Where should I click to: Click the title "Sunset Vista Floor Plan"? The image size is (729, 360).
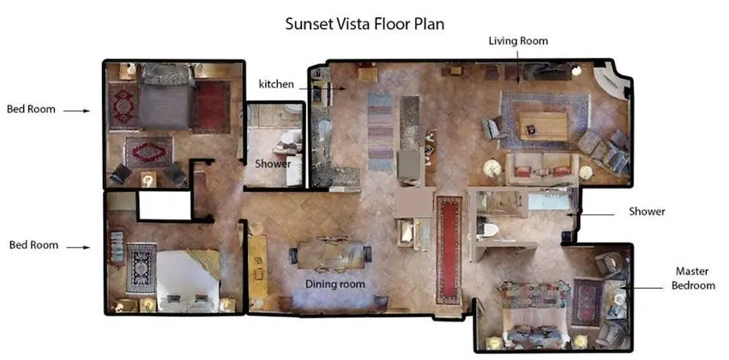pos(364,24)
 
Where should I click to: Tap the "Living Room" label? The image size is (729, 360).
pos(518,41)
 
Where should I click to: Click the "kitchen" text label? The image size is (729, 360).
pos(276,84)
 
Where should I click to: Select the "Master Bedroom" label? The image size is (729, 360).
pos(692,278)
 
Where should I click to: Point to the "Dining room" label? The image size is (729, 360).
pos(334,284)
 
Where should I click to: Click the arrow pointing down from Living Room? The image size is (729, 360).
pos(518,66)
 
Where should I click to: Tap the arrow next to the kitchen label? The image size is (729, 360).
pos(322,87)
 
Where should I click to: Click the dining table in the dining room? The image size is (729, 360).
pos(331,255)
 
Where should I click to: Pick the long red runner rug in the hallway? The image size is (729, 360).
pos(449,250)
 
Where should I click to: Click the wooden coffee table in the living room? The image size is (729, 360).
pos(544,126)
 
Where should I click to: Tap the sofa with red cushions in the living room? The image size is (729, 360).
pos(542,169)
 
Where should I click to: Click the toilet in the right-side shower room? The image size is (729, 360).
pos(487,229)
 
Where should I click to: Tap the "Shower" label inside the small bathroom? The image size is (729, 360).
pos(273,164)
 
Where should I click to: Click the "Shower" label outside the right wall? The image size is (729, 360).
pos(647,212)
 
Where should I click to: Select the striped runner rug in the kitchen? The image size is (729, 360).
pos(380,130)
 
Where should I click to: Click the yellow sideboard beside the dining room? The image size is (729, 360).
pos(257,267)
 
